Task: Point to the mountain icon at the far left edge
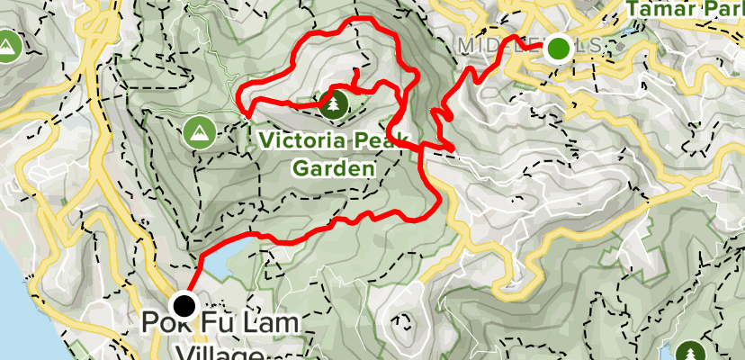pos(7,43)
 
